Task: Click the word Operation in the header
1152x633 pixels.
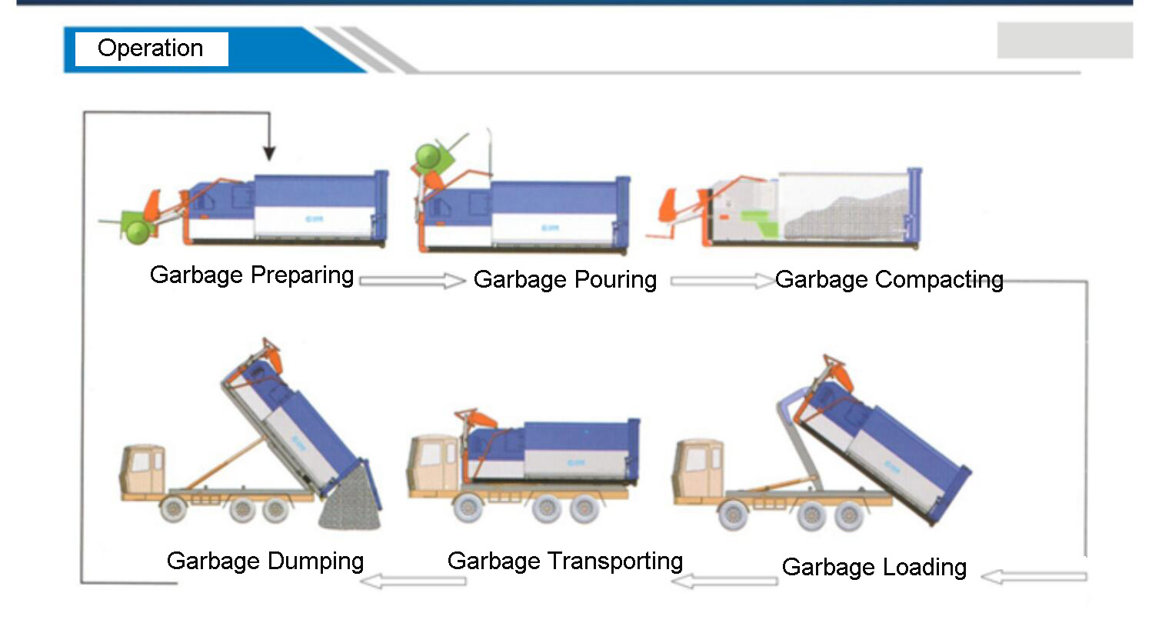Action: (x=150, y=49)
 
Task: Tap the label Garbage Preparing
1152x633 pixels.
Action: (x=251, y=275)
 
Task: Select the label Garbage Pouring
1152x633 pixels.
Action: (x=564, y=280)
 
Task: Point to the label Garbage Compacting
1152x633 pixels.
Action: (x=889, y=280)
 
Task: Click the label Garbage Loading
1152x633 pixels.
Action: (x=874, y=568)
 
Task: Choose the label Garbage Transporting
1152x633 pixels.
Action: (x=564, y=561)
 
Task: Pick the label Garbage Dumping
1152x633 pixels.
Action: (x=265, y=561)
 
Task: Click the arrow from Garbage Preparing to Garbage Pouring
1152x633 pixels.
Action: (x=412, y=281)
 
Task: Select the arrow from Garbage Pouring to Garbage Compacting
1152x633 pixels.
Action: (x=723, y=281)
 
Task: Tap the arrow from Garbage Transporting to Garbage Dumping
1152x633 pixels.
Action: (x=413, y=581)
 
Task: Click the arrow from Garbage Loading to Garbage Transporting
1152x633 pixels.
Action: (x=724, y=581)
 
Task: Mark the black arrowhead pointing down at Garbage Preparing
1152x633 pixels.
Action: (x=269, y=153)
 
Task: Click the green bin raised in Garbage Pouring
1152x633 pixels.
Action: (x=434, y=158)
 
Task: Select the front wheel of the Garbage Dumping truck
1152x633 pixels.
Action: (x=173, y=508)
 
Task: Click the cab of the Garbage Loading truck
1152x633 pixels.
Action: (x=698, y=468)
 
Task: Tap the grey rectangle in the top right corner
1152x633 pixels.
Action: (x=1064, y=40)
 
